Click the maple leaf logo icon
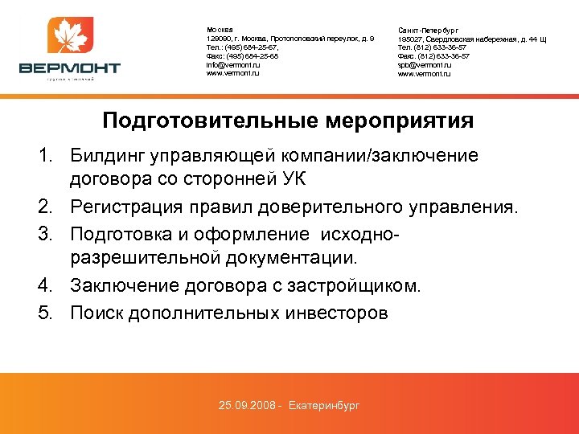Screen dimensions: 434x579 click(x=71, y=38)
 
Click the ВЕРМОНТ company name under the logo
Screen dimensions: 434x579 click(x=71, y=68)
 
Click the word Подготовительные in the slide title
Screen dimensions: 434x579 click(x=211, y=121)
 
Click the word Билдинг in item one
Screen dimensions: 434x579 click(x=106, y=155)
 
